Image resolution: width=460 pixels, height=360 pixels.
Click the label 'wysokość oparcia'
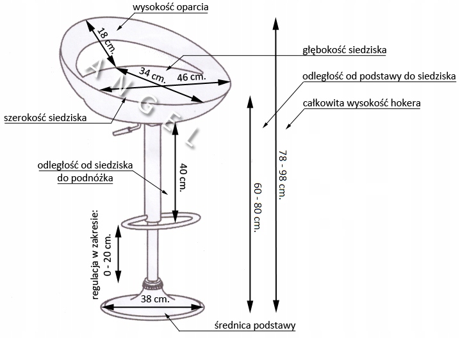point(170,8)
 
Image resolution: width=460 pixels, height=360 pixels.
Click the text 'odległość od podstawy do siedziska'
point(380,76)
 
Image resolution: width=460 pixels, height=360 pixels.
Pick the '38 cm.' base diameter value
point(154,299)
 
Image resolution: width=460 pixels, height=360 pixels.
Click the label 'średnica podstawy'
point(254,325)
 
